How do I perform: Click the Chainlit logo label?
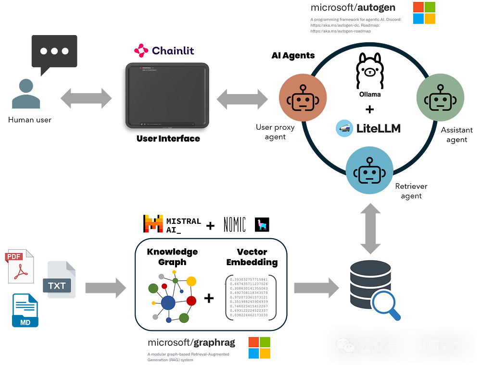click(164, 50)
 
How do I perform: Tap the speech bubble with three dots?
click(54, 53)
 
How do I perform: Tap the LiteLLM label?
click(368, 129)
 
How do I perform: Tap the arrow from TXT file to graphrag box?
click(105, 288)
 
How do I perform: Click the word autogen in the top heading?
click(376, 7)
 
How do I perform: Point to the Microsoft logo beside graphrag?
click(259, 348)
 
